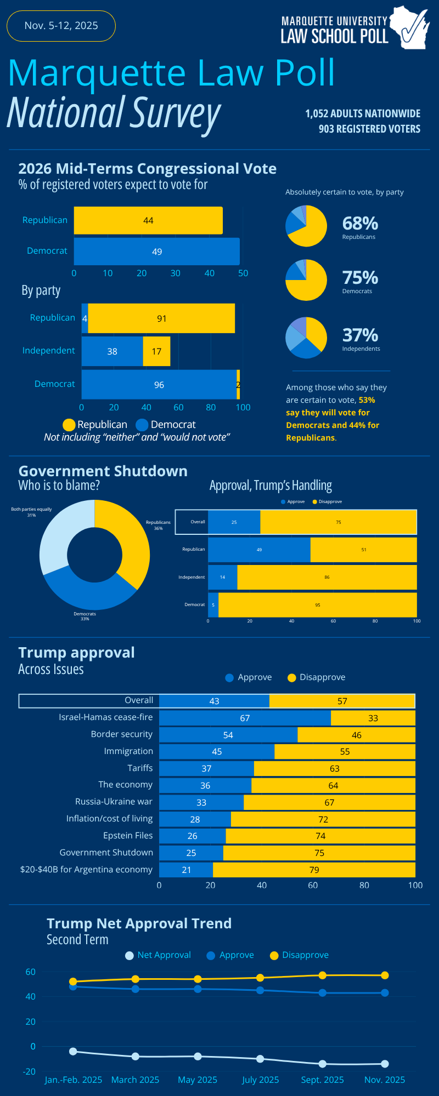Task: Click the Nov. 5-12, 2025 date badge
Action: coord(61,26)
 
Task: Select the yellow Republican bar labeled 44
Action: coord(148,220)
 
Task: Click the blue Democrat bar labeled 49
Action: coord(157,252)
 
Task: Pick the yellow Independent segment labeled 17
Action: coord(156,351)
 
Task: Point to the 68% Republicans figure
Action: coord(360,224)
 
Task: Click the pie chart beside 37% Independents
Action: coord(306,338)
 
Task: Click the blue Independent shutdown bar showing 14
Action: coord(222,577)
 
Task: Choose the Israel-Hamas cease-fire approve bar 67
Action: coord(245,718)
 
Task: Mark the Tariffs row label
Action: coord(140,768)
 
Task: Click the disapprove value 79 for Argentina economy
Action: coord(314,870)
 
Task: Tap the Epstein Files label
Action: coord(128,835)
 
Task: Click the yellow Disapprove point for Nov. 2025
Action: coord(385,975)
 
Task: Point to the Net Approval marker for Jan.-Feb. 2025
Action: coord(73,1051)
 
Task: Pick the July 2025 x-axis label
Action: coord(260,1080)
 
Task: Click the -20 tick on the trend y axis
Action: coord(30,1071)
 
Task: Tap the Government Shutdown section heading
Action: coord(103,471)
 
